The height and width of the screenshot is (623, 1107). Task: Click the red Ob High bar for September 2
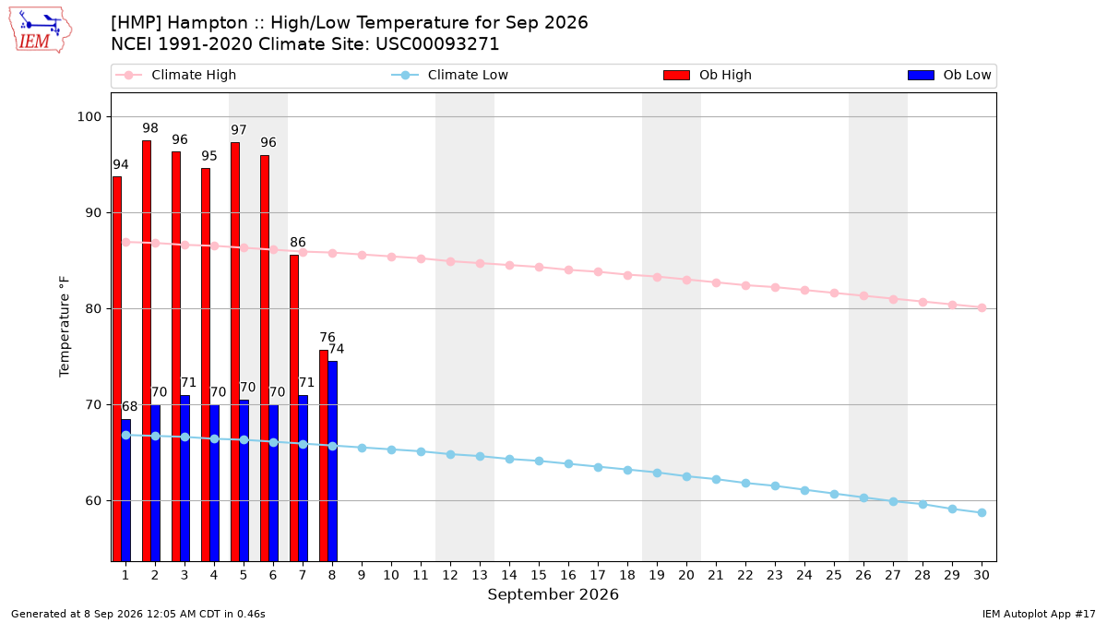147,351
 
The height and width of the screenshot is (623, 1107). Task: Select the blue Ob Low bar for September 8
333,461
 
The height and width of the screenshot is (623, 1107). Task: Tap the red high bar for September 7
294,408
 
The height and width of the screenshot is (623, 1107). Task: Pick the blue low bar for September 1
126,490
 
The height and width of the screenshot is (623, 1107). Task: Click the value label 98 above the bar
150,128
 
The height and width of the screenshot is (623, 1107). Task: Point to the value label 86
297,242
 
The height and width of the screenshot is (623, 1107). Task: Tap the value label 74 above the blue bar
336,349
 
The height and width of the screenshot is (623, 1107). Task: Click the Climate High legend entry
175,75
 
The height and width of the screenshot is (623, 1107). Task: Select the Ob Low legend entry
949,75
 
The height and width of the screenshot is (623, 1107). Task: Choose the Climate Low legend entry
449,75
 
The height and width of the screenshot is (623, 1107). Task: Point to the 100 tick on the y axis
89,117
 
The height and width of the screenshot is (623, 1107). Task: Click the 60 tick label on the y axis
93,501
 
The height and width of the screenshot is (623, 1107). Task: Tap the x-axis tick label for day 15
539,575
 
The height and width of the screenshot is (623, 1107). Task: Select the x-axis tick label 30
982,575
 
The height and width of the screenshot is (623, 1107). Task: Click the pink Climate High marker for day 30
982,308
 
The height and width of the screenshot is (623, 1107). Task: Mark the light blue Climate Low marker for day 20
686,476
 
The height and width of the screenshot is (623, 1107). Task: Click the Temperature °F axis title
65,327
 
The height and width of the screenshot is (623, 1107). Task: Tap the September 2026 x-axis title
553,594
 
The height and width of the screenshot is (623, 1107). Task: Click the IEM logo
41,30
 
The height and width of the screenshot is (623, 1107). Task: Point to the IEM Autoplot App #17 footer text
1039,614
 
